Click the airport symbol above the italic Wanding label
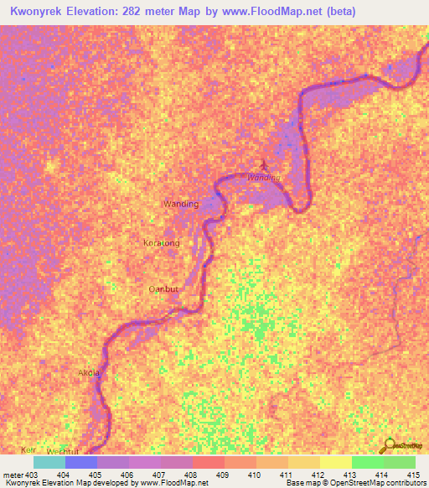pos(264,165)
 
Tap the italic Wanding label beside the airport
pos(263,177)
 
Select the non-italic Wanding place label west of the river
pos(180,204)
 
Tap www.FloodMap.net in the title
pos(282,12)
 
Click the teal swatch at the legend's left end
pos(49,462)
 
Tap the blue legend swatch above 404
pos(81,462)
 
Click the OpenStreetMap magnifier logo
pos(390,444)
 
